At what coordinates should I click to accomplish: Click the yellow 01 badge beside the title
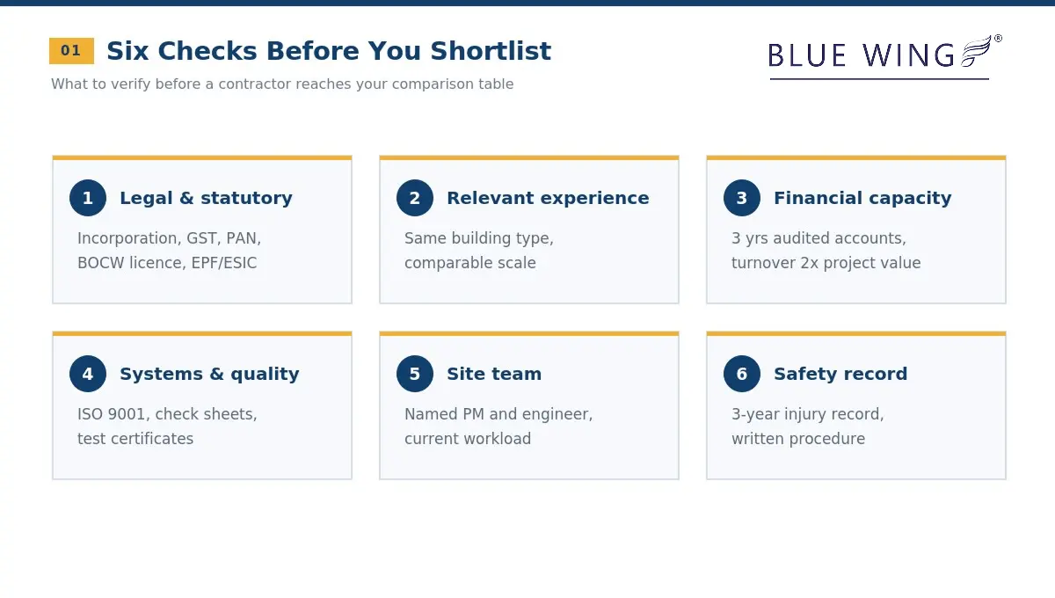pyautogui.click(x=71, y=51)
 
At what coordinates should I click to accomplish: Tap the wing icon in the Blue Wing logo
pyautogui.click(x=976, y=51)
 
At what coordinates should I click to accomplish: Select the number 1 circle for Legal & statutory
pyautogui.click(x=88, y=198)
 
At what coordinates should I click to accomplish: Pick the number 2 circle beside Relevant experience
pyautogui.click(x=414, y=198)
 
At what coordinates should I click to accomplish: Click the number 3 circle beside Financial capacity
pyautogui.click(x=742, y=198)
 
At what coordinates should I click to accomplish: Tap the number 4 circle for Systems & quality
pyautogui.click(x=88, y=374)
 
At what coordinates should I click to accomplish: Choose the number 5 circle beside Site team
pyautogui.click(x=414, y=374)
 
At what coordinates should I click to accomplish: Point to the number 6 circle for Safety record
pyautogui.click(x=742, y=374)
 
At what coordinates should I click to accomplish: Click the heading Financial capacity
pyautogui.click(x=862, y=199)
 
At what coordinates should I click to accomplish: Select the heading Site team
pyautogui.click(x=494, y=374)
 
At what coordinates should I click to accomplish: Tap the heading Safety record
pyautogui.click(x=840, y=374)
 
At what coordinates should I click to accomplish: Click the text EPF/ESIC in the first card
pyautogui.click(x=223, y=263)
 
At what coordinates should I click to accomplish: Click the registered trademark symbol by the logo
pyautogui.click(x=998, y=39)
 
